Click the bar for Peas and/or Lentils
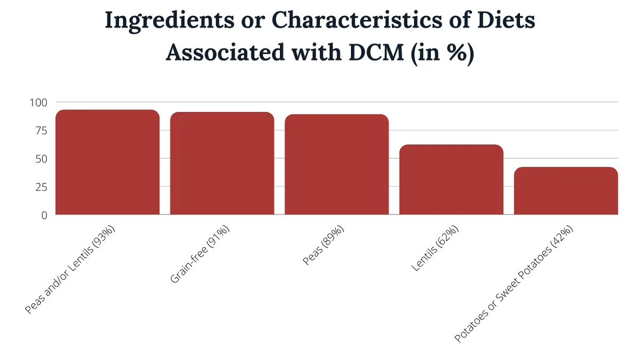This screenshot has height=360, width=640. (x=107, y=162)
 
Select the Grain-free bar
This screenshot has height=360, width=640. (x=222, y=163)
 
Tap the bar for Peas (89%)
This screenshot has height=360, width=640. (x=337, y=164)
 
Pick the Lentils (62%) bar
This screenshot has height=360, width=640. (x=451, y=180)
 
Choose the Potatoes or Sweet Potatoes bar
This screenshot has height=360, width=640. (x=566, y=191)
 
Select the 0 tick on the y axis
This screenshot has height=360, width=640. (x=44, y=215)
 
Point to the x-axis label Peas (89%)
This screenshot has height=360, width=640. (x=324, y=246)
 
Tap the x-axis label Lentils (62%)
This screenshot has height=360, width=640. (x=435, y=249)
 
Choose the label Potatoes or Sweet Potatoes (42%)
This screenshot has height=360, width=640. (x=514, y=284)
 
